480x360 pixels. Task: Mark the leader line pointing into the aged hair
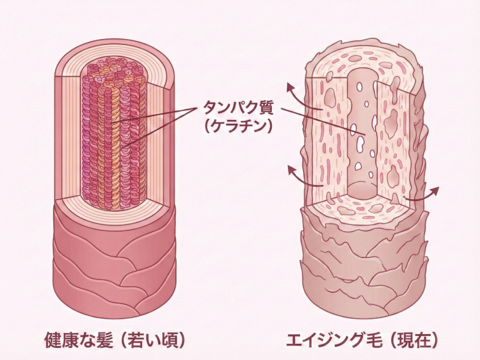coord(318,120)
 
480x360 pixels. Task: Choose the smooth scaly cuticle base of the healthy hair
coord(114,258)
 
